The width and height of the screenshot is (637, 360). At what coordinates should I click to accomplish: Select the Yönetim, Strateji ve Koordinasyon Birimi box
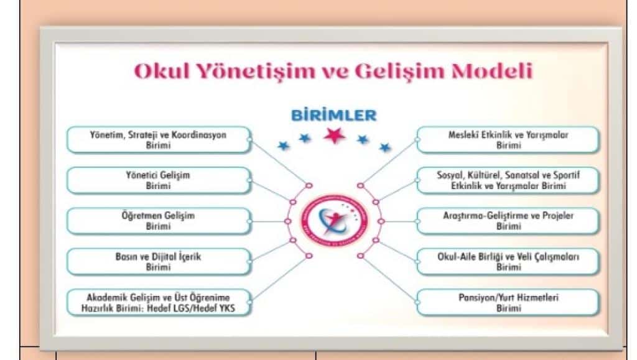pyautogui.click(x=158, y=140)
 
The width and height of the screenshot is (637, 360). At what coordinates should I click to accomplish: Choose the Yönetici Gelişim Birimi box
pyautogui.click(x=158, y=180)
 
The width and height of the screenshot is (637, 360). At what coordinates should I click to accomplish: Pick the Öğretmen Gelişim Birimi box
pyautogui.click(x=158, y=221)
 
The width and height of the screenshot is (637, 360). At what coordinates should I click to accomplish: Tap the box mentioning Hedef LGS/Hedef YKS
pyautogui.click(x=158, y=302)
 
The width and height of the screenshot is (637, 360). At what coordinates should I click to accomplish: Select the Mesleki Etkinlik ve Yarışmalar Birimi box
pyautogui.click(x=508, y=140)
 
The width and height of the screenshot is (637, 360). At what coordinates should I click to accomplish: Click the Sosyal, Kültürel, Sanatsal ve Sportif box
pyautogui.click(x=508, y=180)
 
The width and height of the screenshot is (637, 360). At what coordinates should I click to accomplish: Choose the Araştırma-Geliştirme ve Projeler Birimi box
pyautogui.click(x=508, y=221)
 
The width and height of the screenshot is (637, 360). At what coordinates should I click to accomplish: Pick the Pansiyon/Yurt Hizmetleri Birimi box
pyautogui.click(x=508, y=302)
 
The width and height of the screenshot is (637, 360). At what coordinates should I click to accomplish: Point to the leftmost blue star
pyautogui.click(x=284, y=145)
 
